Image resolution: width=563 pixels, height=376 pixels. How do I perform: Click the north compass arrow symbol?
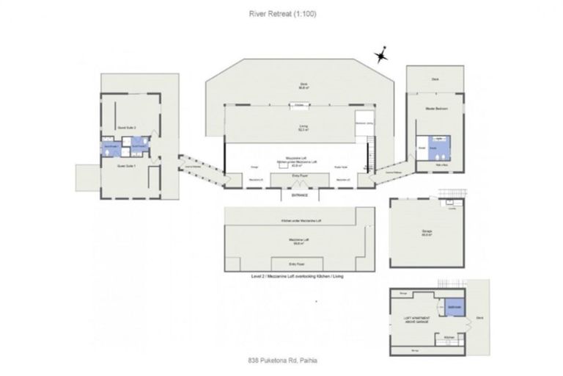coord(381,56)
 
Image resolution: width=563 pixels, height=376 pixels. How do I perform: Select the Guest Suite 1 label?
coord(125,166)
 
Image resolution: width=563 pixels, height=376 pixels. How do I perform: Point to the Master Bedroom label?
coord(435,108)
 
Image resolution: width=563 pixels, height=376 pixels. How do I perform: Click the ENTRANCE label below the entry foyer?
coord(299,196)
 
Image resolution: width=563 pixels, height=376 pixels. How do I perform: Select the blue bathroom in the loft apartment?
coord(454,307)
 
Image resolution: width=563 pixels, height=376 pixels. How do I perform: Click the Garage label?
coord(426,230)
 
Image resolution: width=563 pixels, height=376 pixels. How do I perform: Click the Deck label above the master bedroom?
coord(435,79)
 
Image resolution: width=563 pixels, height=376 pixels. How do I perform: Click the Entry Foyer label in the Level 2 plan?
coord(298,263)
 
